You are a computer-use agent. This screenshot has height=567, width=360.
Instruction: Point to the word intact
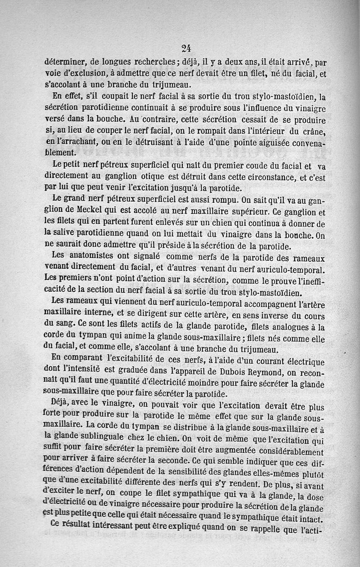(310, 520)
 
